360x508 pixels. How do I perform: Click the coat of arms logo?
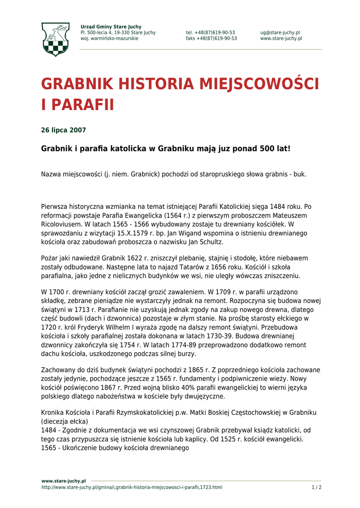[55, 39]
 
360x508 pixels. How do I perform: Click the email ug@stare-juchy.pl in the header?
[280, 33]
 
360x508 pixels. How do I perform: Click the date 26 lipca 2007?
[63, 130]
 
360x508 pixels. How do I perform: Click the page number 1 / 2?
[316, 488]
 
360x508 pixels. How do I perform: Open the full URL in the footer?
[132, 488]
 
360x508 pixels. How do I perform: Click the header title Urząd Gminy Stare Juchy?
[111, 27]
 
